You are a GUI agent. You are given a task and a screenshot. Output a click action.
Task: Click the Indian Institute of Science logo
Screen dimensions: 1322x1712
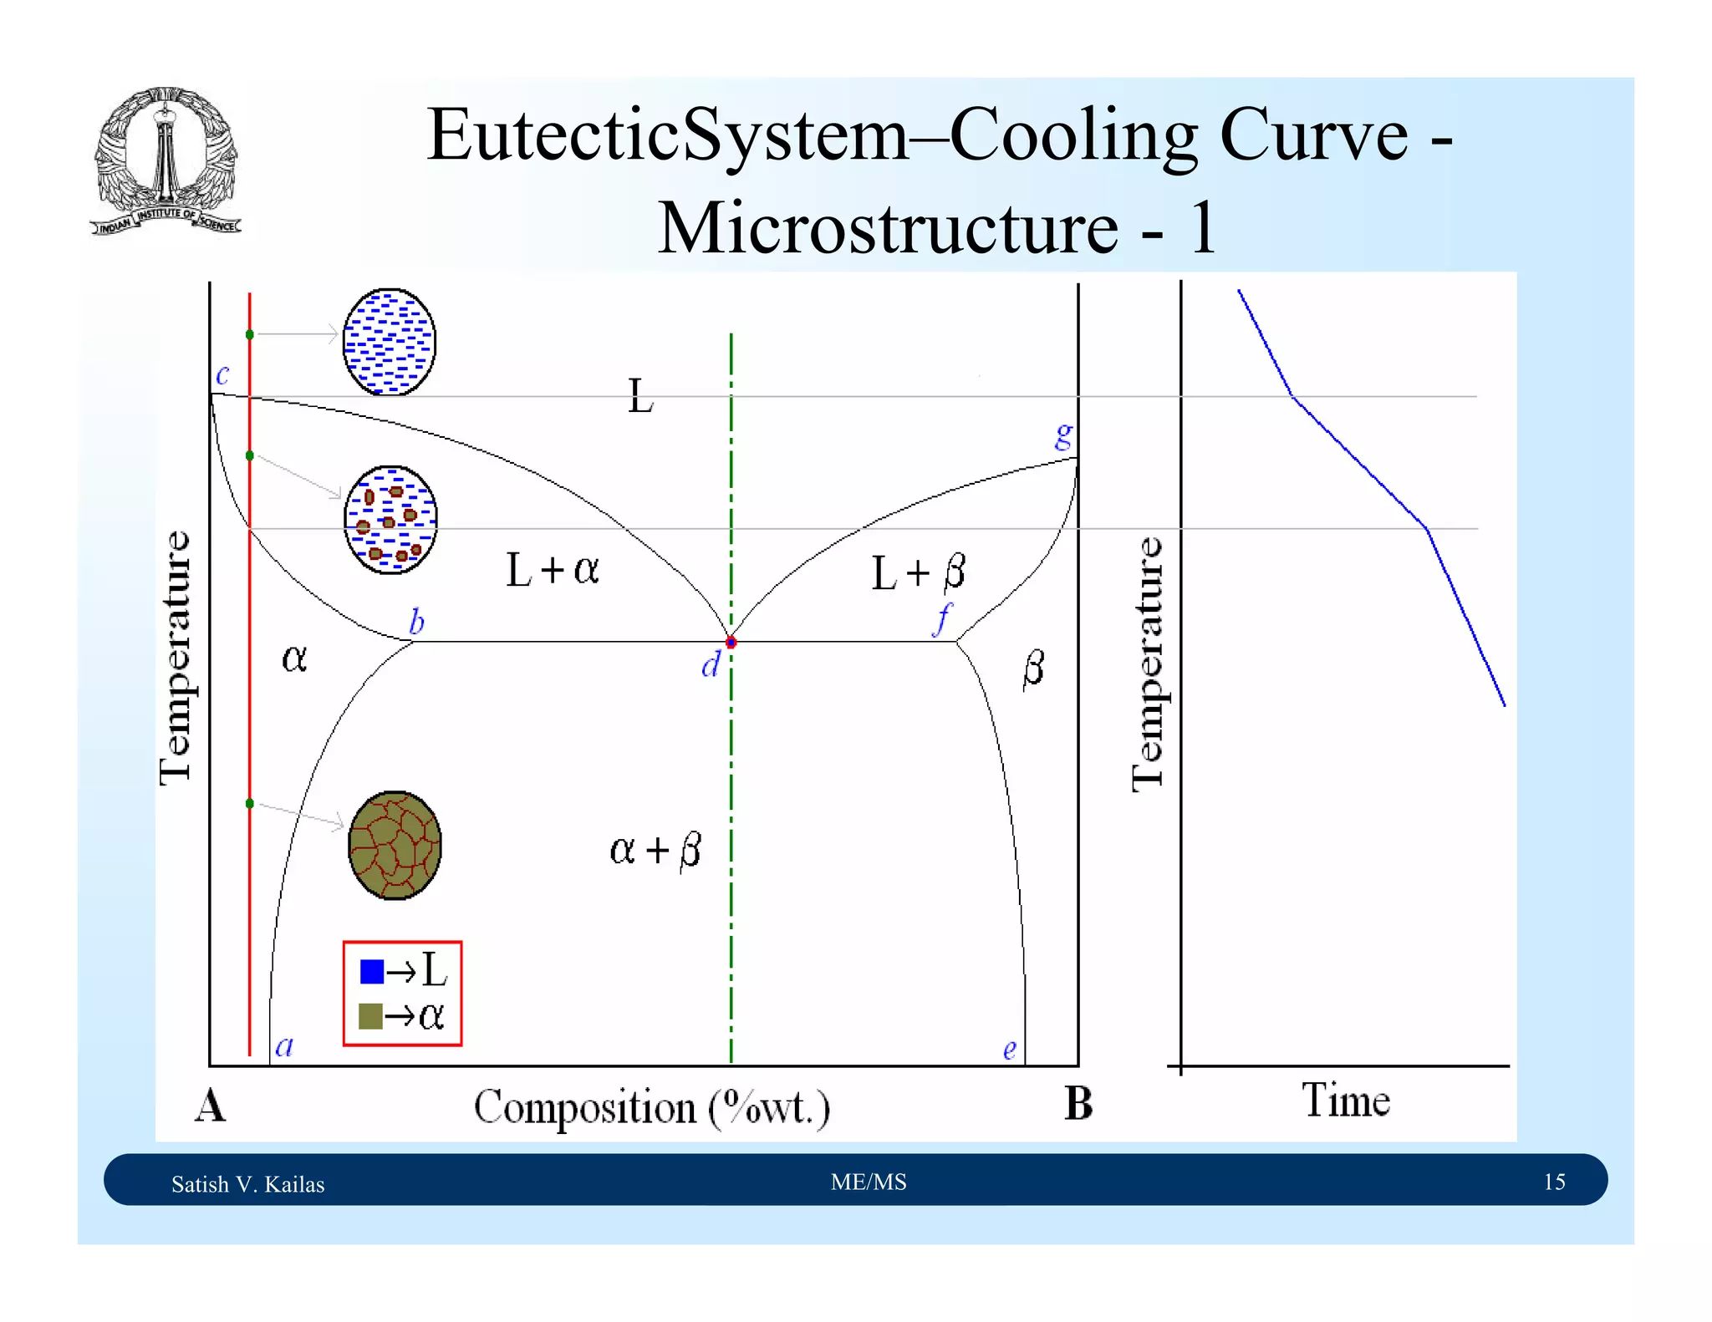(166, 161)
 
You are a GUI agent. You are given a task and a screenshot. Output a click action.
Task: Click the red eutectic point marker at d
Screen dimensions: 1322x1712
(731, 643)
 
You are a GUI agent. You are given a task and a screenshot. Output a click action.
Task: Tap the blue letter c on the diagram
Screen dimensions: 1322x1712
(222, 375)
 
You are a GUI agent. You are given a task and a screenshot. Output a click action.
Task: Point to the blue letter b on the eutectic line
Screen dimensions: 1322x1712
(416, 622)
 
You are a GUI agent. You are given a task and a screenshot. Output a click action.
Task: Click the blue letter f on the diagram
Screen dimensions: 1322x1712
(943, 619)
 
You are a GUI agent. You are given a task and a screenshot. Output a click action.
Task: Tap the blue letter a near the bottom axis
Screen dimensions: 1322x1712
(284, 1046)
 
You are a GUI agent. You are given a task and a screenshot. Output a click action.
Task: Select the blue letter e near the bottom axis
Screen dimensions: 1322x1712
(1010, 1050)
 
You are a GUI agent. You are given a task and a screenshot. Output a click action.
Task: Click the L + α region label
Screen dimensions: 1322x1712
(553, 570)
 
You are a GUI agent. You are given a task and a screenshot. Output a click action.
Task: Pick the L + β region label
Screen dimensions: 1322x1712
(918, 573)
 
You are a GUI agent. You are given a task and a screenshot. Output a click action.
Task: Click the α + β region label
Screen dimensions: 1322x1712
(655, 850)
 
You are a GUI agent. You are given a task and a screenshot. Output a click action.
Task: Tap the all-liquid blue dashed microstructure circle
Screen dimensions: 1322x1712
(390, 342)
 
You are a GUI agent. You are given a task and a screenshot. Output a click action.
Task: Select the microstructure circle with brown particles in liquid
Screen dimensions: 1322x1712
(390, 520)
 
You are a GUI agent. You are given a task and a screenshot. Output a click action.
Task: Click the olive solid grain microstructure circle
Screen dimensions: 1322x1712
(395, 846)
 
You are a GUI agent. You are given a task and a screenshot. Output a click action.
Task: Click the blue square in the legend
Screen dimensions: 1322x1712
(371, 971)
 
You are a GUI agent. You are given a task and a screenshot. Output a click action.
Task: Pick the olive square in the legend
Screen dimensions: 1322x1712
(370, 1016)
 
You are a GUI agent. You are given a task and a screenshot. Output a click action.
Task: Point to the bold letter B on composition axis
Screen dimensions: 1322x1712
(1078, 1104)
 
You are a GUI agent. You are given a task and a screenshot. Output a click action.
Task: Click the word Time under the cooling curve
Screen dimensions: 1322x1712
(1345, 1101)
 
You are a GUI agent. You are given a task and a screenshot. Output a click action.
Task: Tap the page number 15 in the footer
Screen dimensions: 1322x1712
(1554, 1182)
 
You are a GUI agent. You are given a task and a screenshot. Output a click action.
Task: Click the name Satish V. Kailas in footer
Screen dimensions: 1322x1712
(247, 1184)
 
